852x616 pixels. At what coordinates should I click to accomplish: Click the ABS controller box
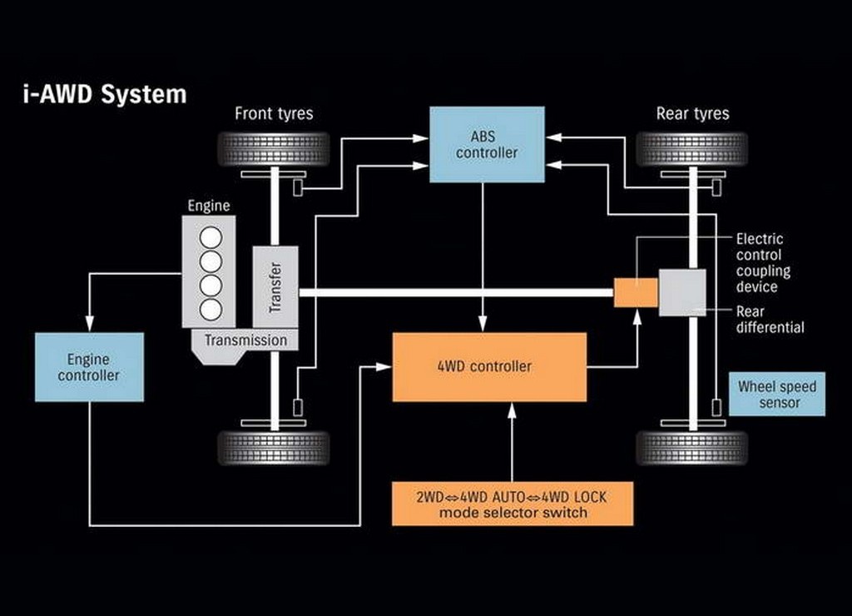click(487, 145)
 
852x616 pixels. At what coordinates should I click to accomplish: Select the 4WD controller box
click(489, 367)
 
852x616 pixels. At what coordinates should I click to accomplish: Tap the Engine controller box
click(90, 367)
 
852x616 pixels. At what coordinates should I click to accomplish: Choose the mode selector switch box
click(513, 504)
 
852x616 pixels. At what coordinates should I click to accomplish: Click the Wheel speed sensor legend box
click(777, 395)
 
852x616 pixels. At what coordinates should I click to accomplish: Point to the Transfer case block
click(275, 287)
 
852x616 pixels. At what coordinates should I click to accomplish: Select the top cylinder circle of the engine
click(211, 237)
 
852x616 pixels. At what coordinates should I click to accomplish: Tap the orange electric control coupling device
click(636, 292)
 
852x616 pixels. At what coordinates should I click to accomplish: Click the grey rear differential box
click(682, 292)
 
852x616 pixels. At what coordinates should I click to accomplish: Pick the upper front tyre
click(274, 149)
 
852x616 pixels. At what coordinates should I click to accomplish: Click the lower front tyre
click(274, 448)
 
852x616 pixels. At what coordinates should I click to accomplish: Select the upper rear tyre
click(692, 149)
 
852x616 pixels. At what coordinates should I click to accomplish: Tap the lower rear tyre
click(692, 448)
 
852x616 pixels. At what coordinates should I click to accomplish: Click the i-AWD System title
click(105, 94)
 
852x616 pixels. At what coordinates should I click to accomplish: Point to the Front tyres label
click(274, 114)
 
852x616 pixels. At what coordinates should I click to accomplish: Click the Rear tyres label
click(693, 114)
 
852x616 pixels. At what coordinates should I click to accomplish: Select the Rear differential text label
click(770, 319)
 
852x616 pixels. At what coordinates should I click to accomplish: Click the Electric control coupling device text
click(763, 262)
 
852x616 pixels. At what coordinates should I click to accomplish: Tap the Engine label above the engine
click(209, 206)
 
